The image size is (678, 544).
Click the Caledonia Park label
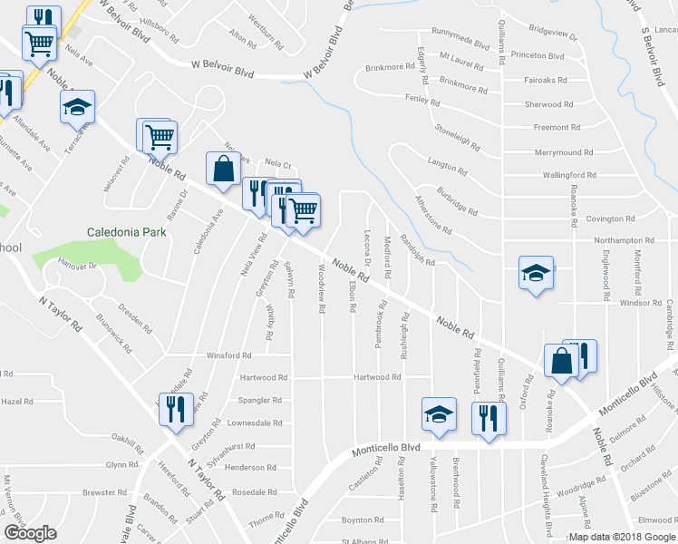127,232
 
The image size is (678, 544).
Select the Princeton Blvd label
538,56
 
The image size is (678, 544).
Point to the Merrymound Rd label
563,152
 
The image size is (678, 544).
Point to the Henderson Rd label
250,467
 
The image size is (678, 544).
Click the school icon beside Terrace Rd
78,107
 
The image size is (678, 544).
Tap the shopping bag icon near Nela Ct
223,168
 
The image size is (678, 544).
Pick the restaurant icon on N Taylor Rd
176,408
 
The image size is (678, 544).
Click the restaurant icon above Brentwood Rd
488,417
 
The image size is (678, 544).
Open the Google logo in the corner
30,533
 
